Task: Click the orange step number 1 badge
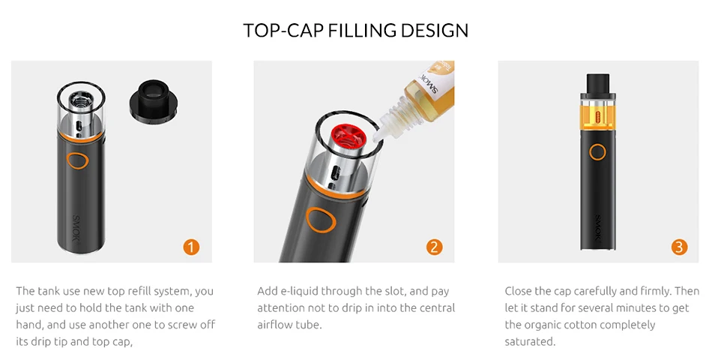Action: tap(191, 247)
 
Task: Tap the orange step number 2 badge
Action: tap(434, 247)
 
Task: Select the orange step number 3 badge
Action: tap(679, 247)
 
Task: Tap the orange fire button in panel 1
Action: tap(78, 160)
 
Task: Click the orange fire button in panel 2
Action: tap(321, 220)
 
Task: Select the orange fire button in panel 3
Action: tap(597, 151)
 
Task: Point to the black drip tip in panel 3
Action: tap(597, 83)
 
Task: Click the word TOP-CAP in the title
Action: tap(283, 31)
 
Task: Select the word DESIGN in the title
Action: tap(435, 31)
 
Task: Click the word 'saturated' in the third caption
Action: tap(529, 341)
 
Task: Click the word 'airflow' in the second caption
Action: tap(275, 325)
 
